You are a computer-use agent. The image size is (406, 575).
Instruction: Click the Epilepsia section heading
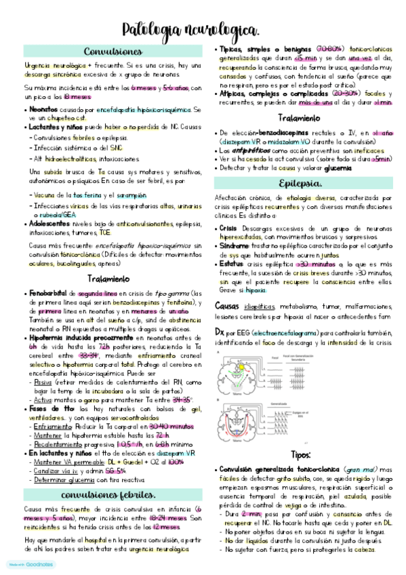click(x=299, y=184)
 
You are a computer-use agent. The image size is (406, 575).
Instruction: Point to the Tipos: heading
click(x=300, y=454)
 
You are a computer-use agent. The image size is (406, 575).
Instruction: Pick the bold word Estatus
click(x=232, y=263)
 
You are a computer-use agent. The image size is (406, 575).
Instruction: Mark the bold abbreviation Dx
click(x=220, y=333)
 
